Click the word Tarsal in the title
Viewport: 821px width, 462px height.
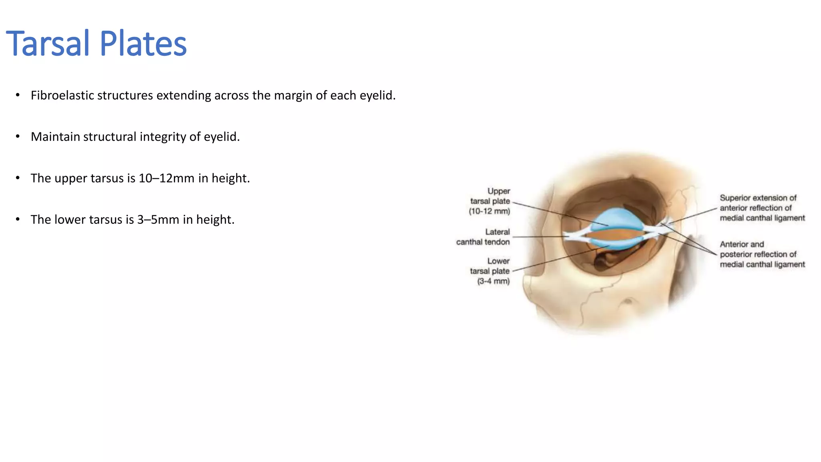coord(48,43)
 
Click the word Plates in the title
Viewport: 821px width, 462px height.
coord(143,43)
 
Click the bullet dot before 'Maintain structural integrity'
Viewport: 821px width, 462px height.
coord(18,137)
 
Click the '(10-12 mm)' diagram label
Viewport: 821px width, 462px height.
coord(489,211)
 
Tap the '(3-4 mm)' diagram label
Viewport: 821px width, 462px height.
coord(493,281)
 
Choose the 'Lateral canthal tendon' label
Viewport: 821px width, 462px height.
coord(483,237)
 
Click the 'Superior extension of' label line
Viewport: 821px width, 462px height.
coord(758,198)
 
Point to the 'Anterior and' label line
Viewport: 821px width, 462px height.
coord(742,244)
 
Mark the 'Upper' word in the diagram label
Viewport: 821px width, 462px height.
coord(499,191)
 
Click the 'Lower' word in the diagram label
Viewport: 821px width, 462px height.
coord(498,261)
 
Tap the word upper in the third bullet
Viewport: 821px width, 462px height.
coord(71,178)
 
